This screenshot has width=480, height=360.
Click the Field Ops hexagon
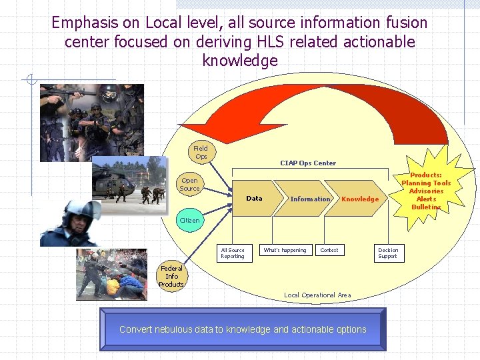coord(201,152)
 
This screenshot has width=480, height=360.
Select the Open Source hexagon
coord(189,184)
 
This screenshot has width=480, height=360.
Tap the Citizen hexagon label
coord(189,221)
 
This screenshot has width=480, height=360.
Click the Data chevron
coord(254,199)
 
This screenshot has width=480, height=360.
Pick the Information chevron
coord(310,199)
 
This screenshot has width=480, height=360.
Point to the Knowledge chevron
coord(360,199)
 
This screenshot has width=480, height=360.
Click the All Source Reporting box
coord(233,253)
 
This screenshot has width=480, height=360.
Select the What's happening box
coord(285,251)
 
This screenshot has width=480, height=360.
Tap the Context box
coord(329,251)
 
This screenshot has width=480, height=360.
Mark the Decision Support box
coord(387,253)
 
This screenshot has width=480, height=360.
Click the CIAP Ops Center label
coord(308,163)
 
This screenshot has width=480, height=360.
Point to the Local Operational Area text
coord(317,295)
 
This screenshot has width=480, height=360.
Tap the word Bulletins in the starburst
coord(426,207)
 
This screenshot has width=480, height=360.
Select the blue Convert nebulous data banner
coord(243,329)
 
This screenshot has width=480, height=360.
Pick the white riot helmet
coord(79,212)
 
